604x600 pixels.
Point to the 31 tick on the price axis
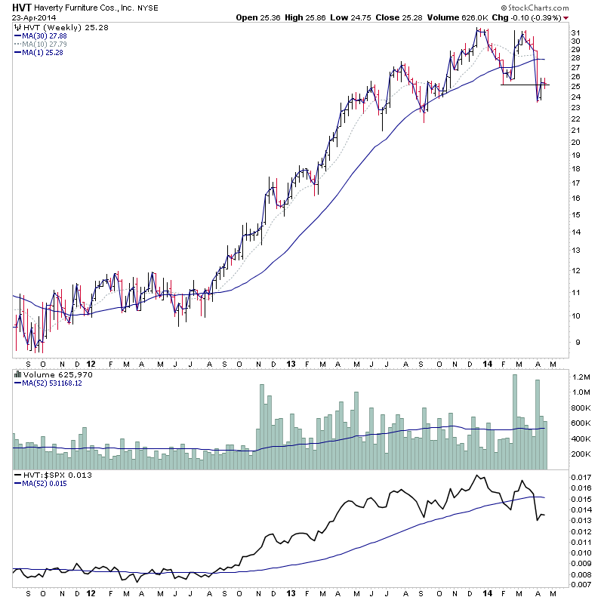point(575,33)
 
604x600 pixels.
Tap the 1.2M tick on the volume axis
point(581,376)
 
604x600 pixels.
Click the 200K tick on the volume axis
point(581,454)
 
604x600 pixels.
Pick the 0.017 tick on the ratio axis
point(581,478)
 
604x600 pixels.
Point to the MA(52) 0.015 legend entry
point(47,482)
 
